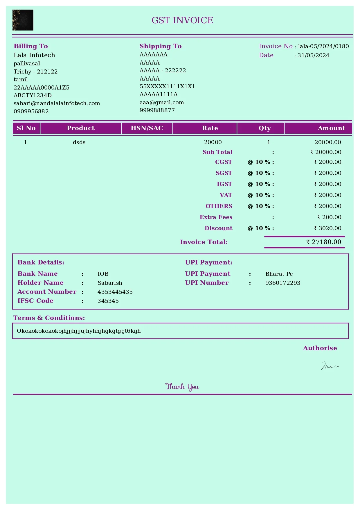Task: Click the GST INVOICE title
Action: click(x=182, y=20)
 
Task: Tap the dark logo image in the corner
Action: click(x=23, y=20)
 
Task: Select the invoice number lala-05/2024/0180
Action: click(x=323, y=46)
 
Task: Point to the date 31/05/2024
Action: click(x=313, y=56)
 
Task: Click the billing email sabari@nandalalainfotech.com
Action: click(x=57, y=103)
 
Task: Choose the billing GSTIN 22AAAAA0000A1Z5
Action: click(x=42, y=87)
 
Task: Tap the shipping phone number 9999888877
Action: click(x=157, y=110)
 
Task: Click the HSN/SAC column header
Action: click(x=147, y=128)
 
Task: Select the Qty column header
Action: click(x=264, y=128)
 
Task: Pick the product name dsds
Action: click(x=79, y=142)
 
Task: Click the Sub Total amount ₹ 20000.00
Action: click(x=326, y=152)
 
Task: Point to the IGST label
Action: click(x=224, y=184)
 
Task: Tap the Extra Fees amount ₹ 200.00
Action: click(x=329, y=217)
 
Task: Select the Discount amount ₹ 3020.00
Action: click(x=327, y=228)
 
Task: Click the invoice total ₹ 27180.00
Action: click(x=324, y=242)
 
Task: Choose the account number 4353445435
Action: click(x=115, y=292)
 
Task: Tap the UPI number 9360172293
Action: click(x=283, y=283)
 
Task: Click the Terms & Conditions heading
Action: click(x=49, y=318)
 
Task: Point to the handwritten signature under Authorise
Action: click(x=330, y=366)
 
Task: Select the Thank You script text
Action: click(x=182, y=387)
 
